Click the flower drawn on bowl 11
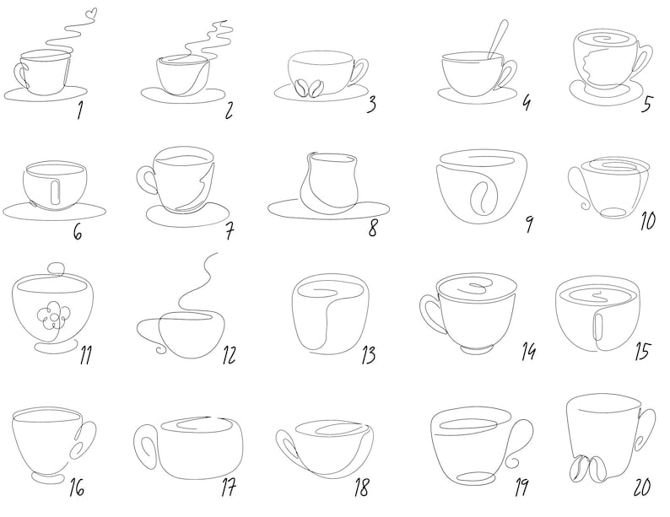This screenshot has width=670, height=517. (51, 315)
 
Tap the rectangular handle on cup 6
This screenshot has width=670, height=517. (54, 191)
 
